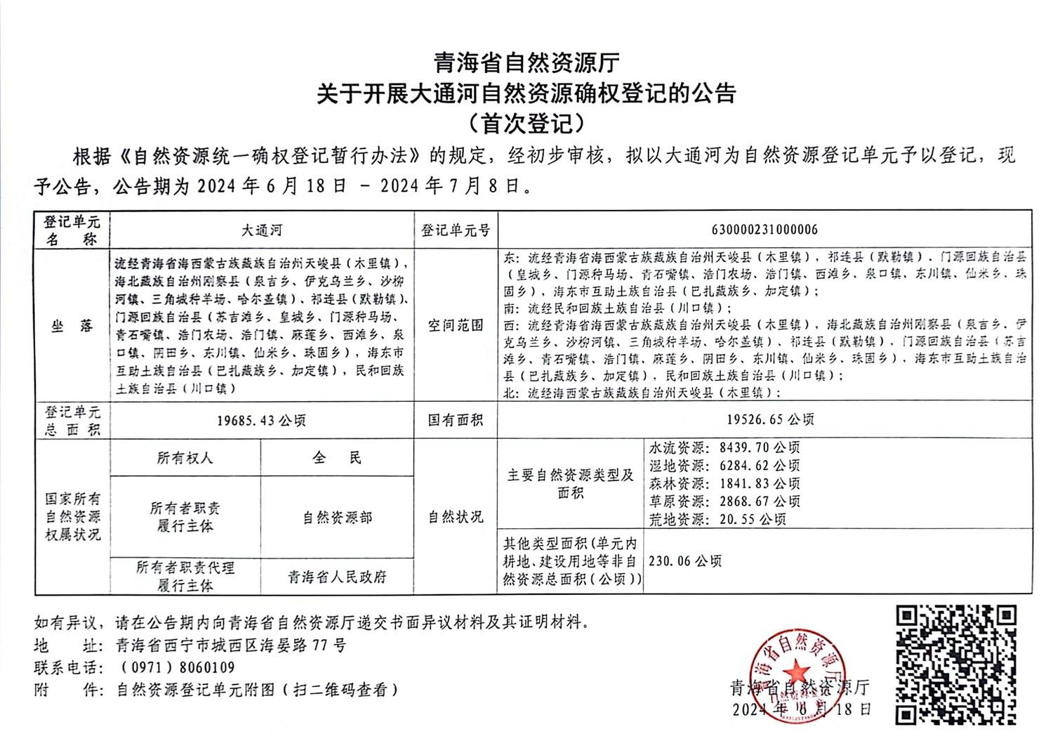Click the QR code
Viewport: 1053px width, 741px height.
956,666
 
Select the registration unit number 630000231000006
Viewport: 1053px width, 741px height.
764,230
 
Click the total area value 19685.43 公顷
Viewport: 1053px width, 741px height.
261,421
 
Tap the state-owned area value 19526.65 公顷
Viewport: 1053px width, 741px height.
764,419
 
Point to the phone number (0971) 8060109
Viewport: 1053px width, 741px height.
178,667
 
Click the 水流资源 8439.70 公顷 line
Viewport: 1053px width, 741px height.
724,447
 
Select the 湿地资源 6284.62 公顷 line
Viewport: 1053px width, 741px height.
724,466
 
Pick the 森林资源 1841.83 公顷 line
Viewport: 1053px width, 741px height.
724,484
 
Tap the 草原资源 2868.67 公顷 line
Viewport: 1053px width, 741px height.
724,501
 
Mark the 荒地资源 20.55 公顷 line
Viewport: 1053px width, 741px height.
717,520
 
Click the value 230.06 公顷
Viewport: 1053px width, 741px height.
685,560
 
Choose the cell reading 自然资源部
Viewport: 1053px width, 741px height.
337,518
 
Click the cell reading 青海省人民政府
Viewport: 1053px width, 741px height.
337,577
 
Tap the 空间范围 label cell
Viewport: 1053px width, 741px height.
456,325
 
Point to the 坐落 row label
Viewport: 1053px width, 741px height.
72,325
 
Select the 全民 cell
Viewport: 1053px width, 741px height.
337,458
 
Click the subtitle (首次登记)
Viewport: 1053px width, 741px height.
526,124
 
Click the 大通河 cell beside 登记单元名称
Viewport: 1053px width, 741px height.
261,230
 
